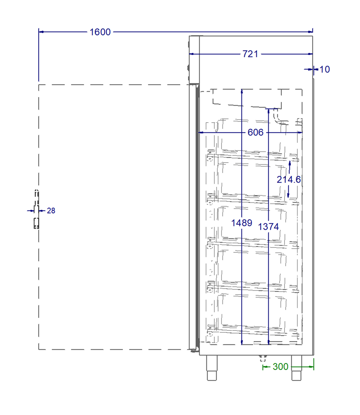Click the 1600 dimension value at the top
point(100,32)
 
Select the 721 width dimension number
point(250,54)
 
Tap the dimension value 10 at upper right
point(325,69)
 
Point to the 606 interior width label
point(255,133)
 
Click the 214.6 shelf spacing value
point(289,180)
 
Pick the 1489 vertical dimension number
point(242,223)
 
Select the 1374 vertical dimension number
point(268,227)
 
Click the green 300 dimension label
point(280,367)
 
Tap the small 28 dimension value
point(51,211)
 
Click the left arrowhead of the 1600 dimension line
point(41,32)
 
